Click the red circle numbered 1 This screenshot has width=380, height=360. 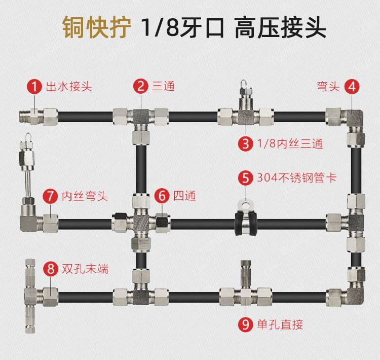(34, 86)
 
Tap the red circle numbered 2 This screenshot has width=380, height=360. (140, 86)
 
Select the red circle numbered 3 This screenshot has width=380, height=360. (246, 143)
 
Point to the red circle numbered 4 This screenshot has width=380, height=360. (352, 87)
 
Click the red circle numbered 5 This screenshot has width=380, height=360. (246, 178)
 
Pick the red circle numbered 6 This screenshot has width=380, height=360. (162, 196)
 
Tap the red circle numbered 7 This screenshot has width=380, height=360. (50, 196)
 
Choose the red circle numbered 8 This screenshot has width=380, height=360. (51, 269)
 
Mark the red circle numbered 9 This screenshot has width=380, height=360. (246, 325)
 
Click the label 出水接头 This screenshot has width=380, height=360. (69, 86)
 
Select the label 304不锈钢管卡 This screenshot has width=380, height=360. (296, 178)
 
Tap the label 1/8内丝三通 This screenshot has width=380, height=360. (290, 143)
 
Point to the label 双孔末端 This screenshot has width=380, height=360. (85, 269)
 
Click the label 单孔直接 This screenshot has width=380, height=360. (280, 325)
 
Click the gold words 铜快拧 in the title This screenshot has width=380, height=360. (97, 27)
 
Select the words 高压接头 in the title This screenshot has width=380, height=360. (280, 27)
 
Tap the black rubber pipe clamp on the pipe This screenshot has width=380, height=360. (246, 222)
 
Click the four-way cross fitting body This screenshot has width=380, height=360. (141, 223)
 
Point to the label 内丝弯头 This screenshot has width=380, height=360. (85, 196)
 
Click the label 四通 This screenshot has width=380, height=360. (184, 196)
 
